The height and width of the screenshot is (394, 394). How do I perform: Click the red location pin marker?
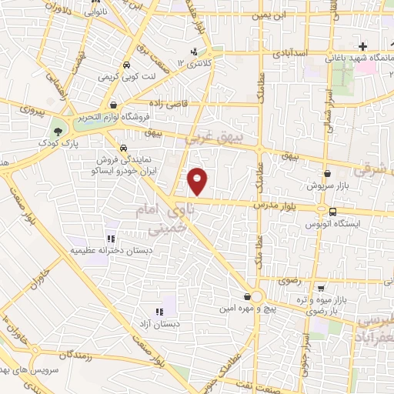(199, 180)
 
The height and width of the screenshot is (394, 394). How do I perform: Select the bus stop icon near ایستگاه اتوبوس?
(332, 211)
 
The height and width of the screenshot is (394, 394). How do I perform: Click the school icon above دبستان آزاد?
(159, 312)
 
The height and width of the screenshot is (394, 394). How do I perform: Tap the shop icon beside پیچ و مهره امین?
(246, 296)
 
